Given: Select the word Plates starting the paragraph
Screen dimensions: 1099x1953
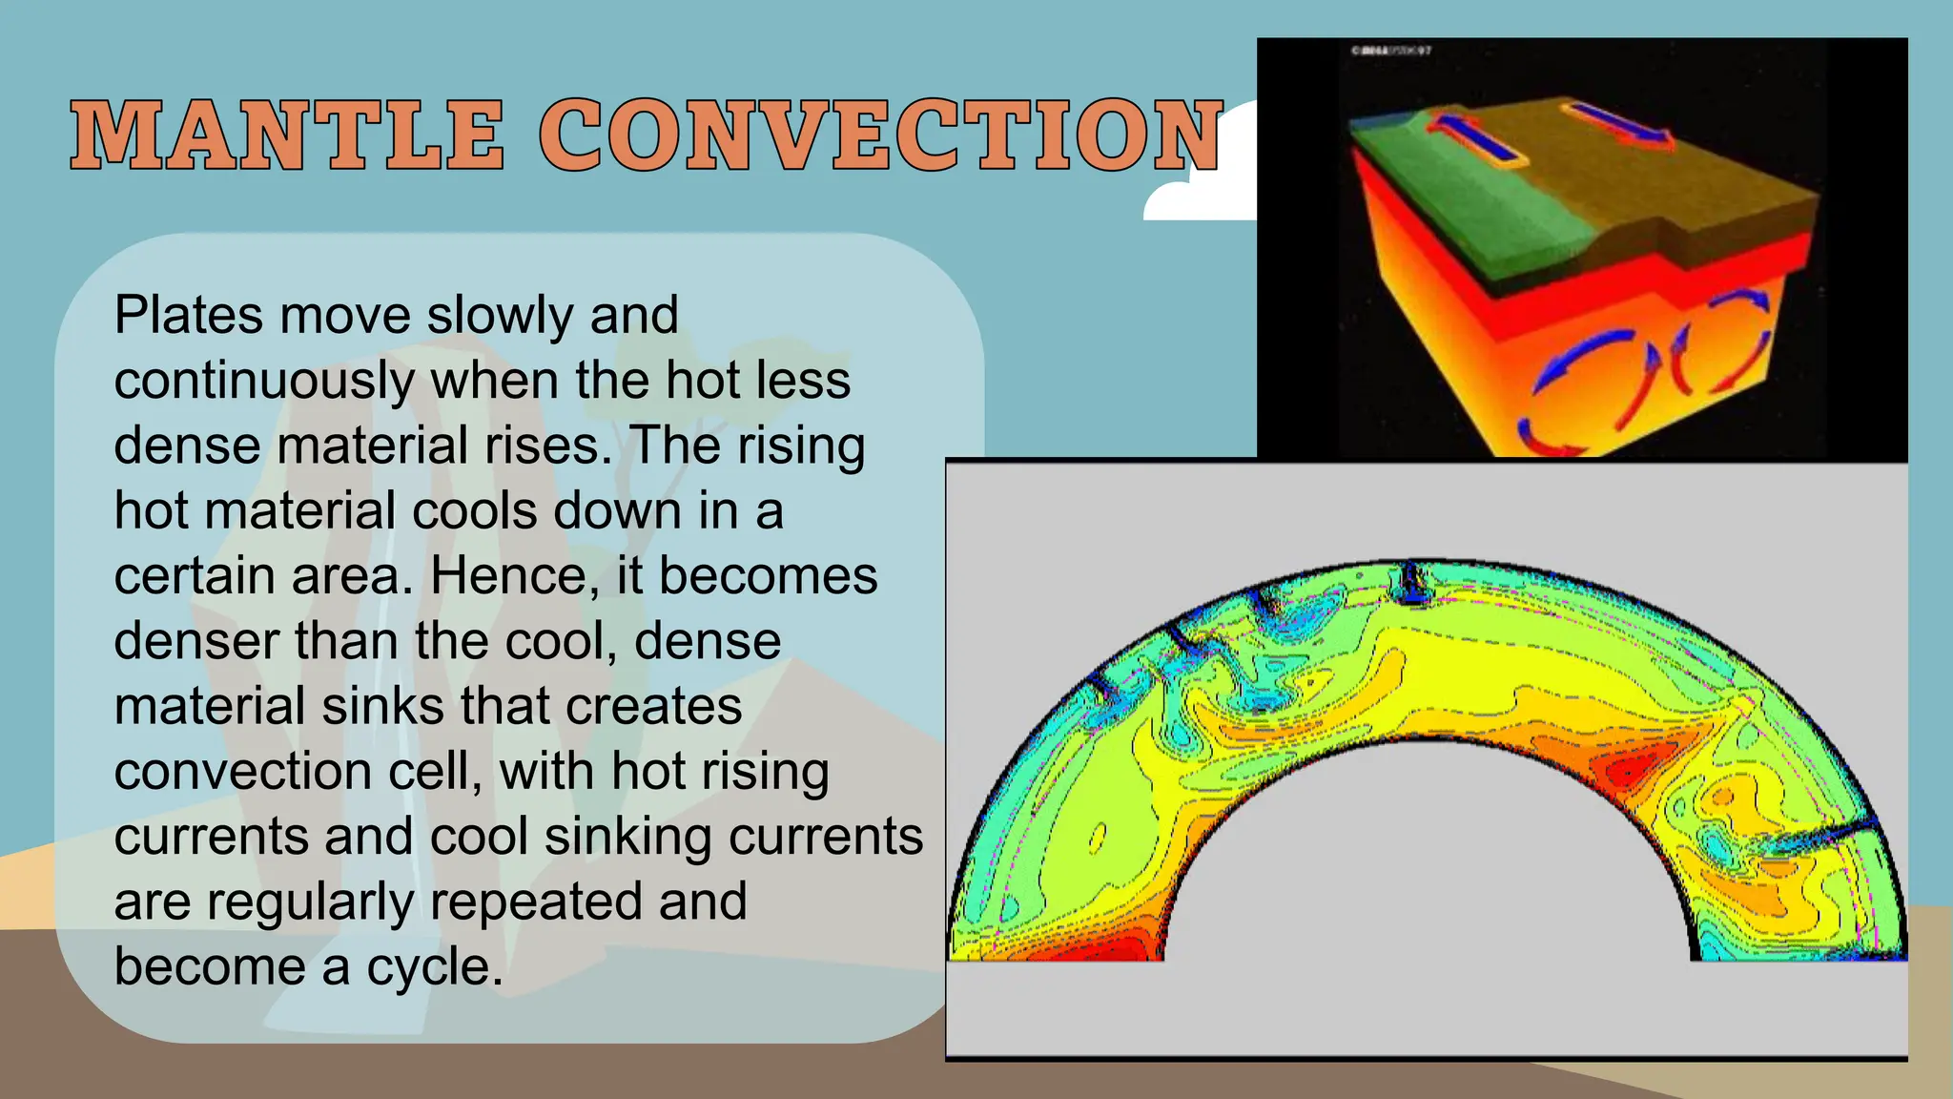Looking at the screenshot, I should pos(189,315).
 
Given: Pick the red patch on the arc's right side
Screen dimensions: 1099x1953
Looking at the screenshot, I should pos(1635,763).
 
